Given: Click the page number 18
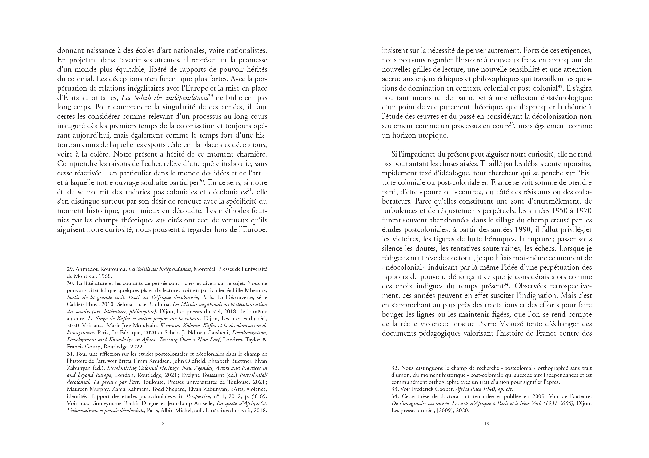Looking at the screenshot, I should click(x=162, y=423).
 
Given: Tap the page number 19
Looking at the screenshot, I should click(x=487, y=423).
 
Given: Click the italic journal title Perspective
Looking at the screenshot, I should click(x=198, y=396).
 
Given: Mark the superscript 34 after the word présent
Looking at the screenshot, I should click(x=507, y=284).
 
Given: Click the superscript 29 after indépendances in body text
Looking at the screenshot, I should click(x=210, y=96).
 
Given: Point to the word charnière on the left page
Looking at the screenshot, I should click(x=250, y=154).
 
